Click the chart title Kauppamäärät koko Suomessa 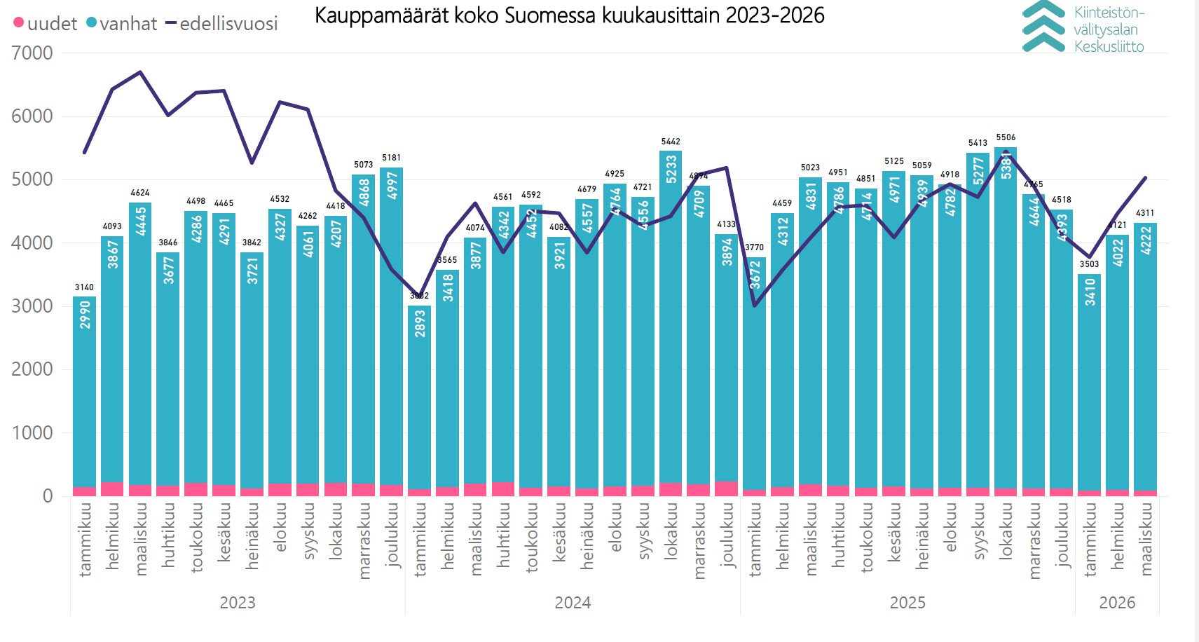(569, 15)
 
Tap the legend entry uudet (45, 24)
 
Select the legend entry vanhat (121, 24)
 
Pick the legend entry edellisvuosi (221, 24)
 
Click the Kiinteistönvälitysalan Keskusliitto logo (1083, 28)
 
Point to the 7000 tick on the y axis (32, 53)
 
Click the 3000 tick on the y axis (32, 306)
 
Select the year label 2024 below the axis (573, 603)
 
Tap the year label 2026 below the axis (1117, 603)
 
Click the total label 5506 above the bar (1006, 137)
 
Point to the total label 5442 (671, 142)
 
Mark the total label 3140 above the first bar (84, 287)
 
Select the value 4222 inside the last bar (1146, 240)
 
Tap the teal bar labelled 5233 (671, 315)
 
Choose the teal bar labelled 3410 (1090, 385)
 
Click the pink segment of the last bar (1146, 493)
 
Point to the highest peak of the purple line (140, 72)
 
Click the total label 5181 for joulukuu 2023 (391, 158)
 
